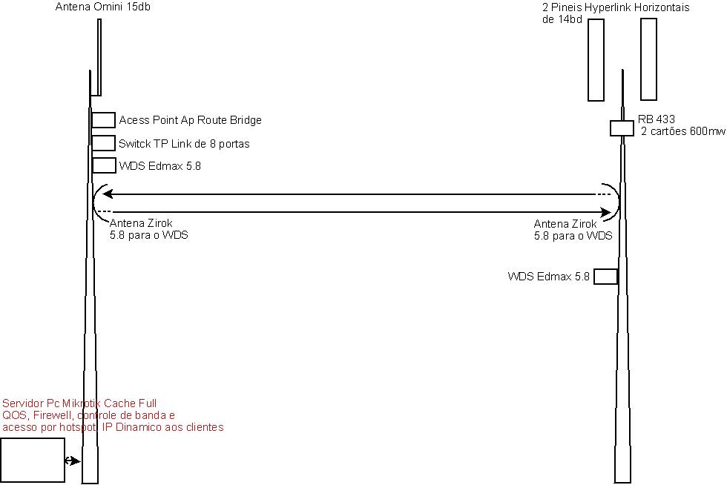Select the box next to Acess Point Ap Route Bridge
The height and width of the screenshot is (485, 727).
coord(103,120)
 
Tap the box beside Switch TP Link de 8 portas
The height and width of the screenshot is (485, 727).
coord(103,143)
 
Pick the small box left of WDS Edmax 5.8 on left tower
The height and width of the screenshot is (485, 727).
coord(103,165)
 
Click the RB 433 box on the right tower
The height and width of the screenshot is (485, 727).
coord(621,128)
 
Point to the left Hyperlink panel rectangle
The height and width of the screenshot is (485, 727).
coord(596,59)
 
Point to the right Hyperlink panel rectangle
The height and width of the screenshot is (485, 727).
coord(649,59)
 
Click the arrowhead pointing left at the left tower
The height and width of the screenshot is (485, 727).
coord(108,194)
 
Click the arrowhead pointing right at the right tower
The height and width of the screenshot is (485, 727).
coord(605,213)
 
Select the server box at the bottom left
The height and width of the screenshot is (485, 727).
coord(33,460)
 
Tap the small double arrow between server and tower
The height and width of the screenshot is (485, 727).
coord(72,461)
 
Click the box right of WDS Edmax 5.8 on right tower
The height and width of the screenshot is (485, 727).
coord(605,277)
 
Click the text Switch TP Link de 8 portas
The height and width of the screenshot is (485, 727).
coord(184,144)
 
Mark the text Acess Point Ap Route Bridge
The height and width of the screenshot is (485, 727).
coord(190,120)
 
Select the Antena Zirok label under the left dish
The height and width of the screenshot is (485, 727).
coord(141,223)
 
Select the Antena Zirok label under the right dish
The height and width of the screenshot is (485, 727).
coord(565,223)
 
